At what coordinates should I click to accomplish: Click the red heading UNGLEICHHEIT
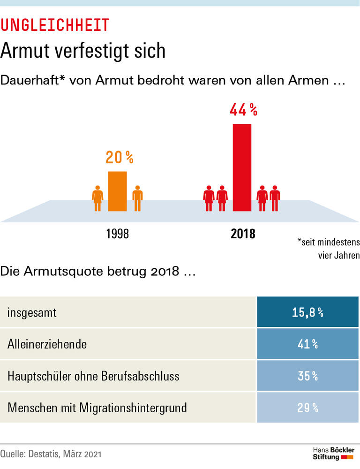(55, 25)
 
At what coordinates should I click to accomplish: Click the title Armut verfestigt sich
(83, 51)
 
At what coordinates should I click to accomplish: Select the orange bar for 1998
(117, 191)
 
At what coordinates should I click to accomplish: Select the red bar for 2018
(242, 167)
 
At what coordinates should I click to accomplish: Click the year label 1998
(117, 234)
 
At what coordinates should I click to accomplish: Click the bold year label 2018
(243, 234)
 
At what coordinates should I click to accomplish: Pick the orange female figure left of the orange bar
(97, 198)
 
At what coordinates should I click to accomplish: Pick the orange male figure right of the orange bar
(137, 198)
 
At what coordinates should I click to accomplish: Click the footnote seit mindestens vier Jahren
(328, 249)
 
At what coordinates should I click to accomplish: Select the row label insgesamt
(32, 312)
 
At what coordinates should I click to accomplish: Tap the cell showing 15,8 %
(308, 312)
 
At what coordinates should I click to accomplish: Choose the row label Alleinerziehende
(47, 344)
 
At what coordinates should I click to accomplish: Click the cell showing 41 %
(308, 344)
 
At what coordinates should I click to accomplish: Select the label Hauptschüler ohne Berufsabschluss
(93, 376)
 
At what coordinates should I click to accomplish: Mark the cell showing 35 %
(308, 376)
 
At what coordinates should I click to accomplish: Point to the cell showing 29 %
(308, 408)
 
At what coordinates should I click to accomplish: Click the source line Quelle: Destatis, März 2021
(51, 454)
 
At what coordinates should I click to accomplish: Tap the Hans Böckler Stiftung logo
(333, 454)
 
